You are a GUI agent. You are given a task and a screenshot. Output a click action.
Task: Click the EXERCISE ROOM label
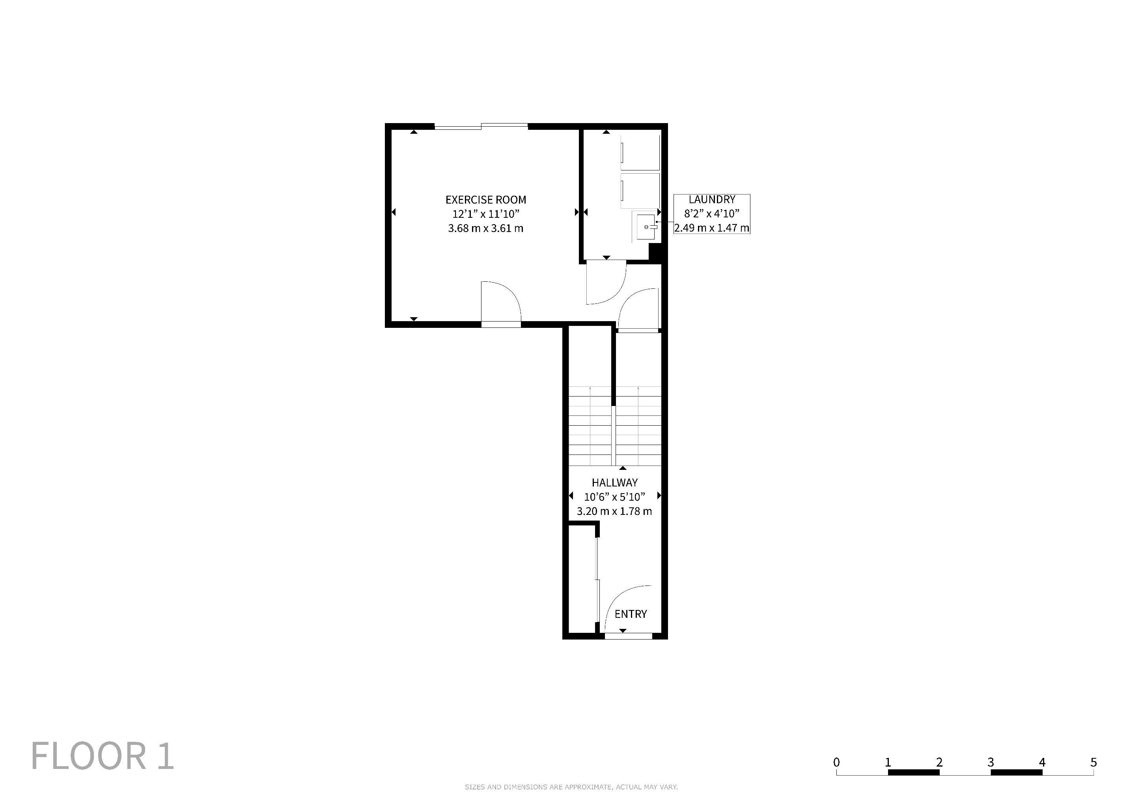[x=485, y=200]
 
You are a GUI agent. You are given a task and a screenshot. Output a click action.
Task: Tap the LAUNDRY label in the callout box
[x=712, y=200]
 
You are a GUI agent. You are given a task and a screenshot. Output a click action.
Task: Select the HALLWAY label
[x=614, y=482]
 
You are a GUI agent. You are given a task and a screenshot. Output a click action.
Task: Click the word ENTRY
[x=631, y=614]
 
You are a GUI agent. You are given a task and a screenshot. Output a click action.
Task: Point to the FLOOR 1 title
[x=103, y=756]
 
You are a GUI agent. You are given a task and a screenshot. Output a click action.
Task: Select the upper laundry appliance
[x=640, y=152]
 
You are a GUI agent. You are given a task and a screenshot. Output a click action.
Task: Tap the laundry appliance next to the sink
[x=640, y=191]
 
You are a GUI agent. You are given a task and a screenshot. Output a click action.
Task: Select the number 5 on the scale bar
[x=1093, y=762]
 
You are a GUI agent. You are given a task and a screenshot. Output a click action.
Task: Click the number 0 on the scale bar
[x=837, y=762]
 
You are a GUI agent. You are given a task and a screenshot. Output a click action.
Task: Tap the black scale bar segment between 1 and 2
[x=914, y=772]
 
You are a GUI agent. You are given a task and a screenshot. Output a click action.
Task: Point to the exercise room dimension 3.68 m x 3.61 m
[x=485, y=228]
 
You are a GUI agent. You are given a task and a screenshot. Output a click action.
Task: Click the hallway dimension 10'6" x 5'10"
[x=614, y=497]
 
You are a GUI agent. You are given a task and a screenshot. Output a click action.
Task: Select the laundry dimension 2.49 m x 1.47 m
[x=712, y=228]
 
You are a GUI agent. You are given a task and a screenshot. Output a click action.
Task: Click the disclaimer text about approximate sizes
[x=571, y=787]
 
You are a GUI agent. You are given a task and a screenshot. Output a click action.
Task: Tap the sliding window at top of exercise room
[x=481, y=126]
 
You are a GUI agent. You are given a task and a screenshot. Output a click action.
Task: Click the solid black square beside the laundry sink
[x=655, y=251]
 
